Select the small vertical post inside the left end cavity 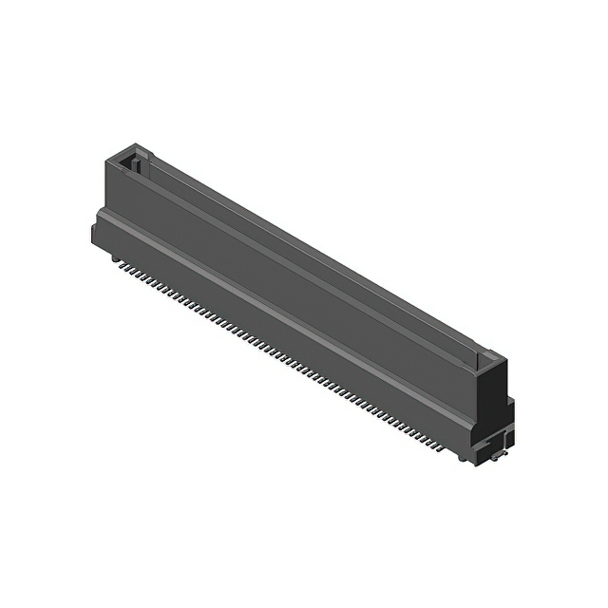pos(135,164)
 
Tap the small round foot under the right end pos(463,457)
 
